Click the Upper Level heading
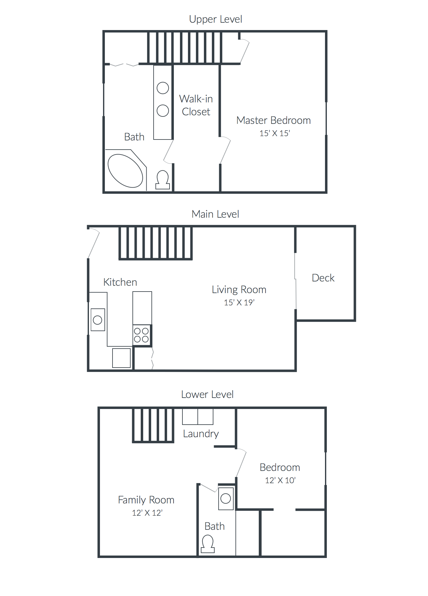click(215, 19)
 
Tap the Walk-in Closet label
click(196, 105)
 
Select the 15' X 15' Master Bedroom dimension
click(275, 133)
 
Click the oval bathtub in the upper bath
click(125, 171)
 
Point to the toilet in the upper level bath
click(162, 180)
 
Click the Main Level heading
click(215, 214)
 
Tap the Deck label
click(323, 278)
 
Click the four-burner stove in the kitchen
click(141, 335)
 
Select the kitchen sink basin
click(97, 320)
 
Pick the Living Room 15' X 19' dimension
click(239, 303)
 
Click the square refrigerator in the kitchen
click(121, 358)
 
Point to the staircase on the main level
click(155, 243)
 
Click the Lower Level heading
click(207, 394)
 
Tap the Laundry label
click(201, 434)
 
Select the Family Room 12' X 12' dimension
click(147, 513)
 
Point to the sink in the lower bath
click(226, 499)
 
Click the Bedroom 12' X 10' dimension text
click(280, 480)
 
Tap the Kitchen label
click(120, 282)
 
